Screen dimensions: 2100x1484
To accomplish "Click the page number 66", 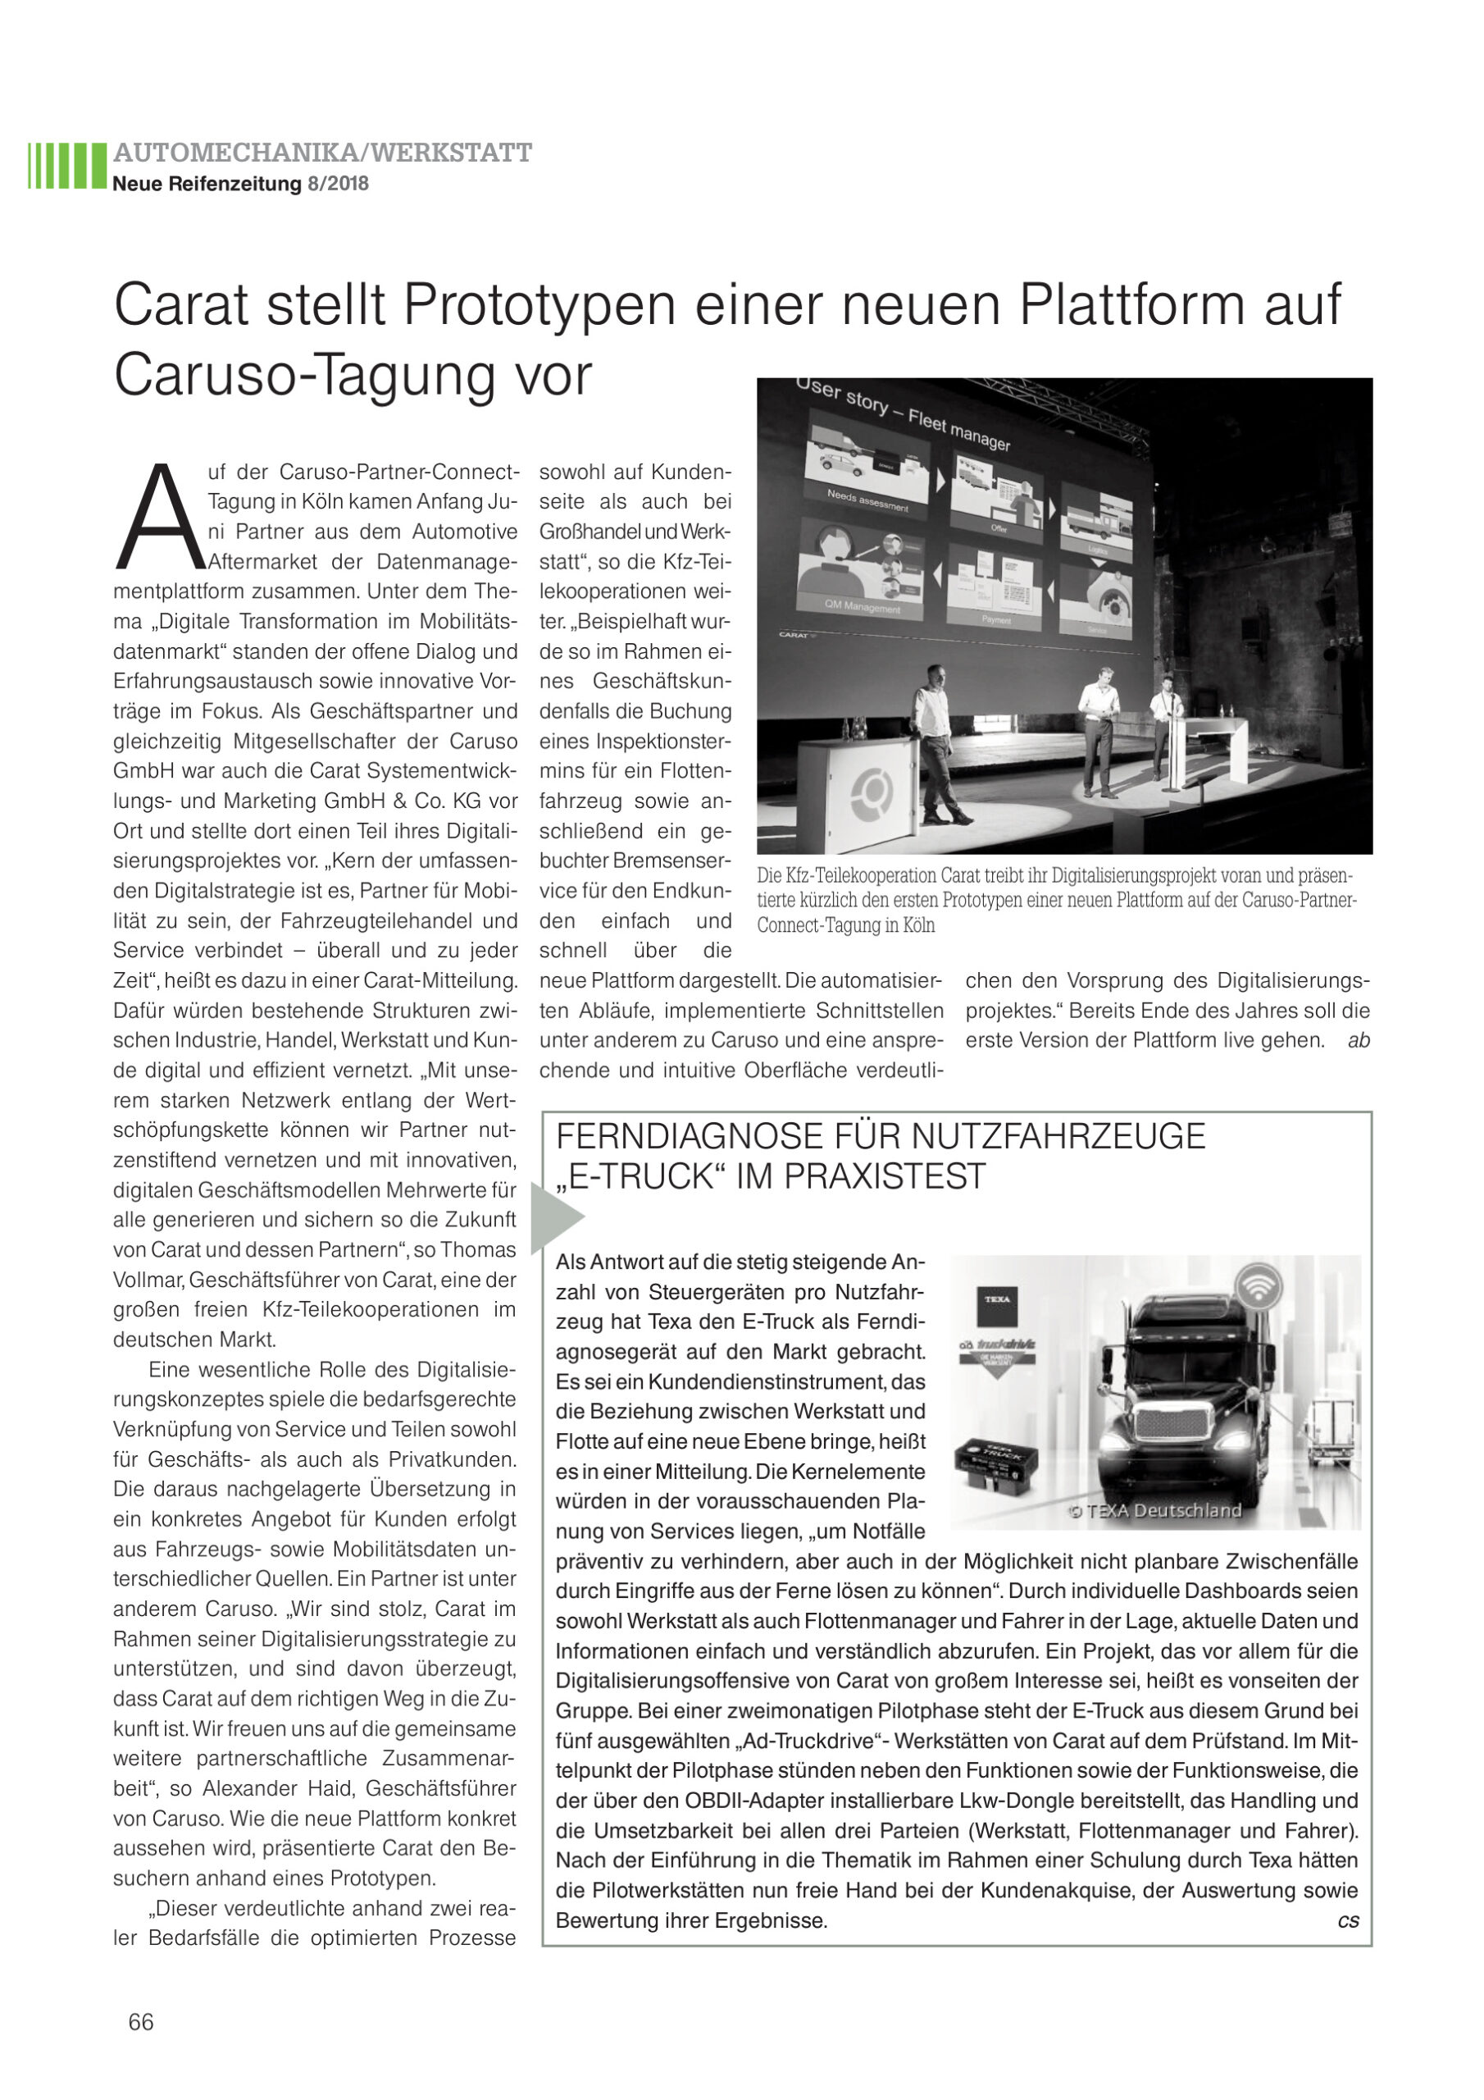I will click(141, 2020).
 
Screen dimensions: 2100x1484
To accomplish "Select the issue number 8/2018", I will click(339, 184).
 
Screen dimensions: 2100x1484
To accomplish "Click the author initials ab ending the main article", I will click(1358, 1040).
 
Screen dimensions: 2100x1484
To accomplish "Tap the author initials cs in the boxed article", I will click(1348, 1920).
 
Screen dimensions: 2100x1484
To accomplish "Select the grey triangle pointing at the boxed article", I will click(555, 1217).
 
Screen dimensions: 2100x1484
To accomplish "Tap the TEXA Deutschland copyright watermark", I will click(1155, 1511).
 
